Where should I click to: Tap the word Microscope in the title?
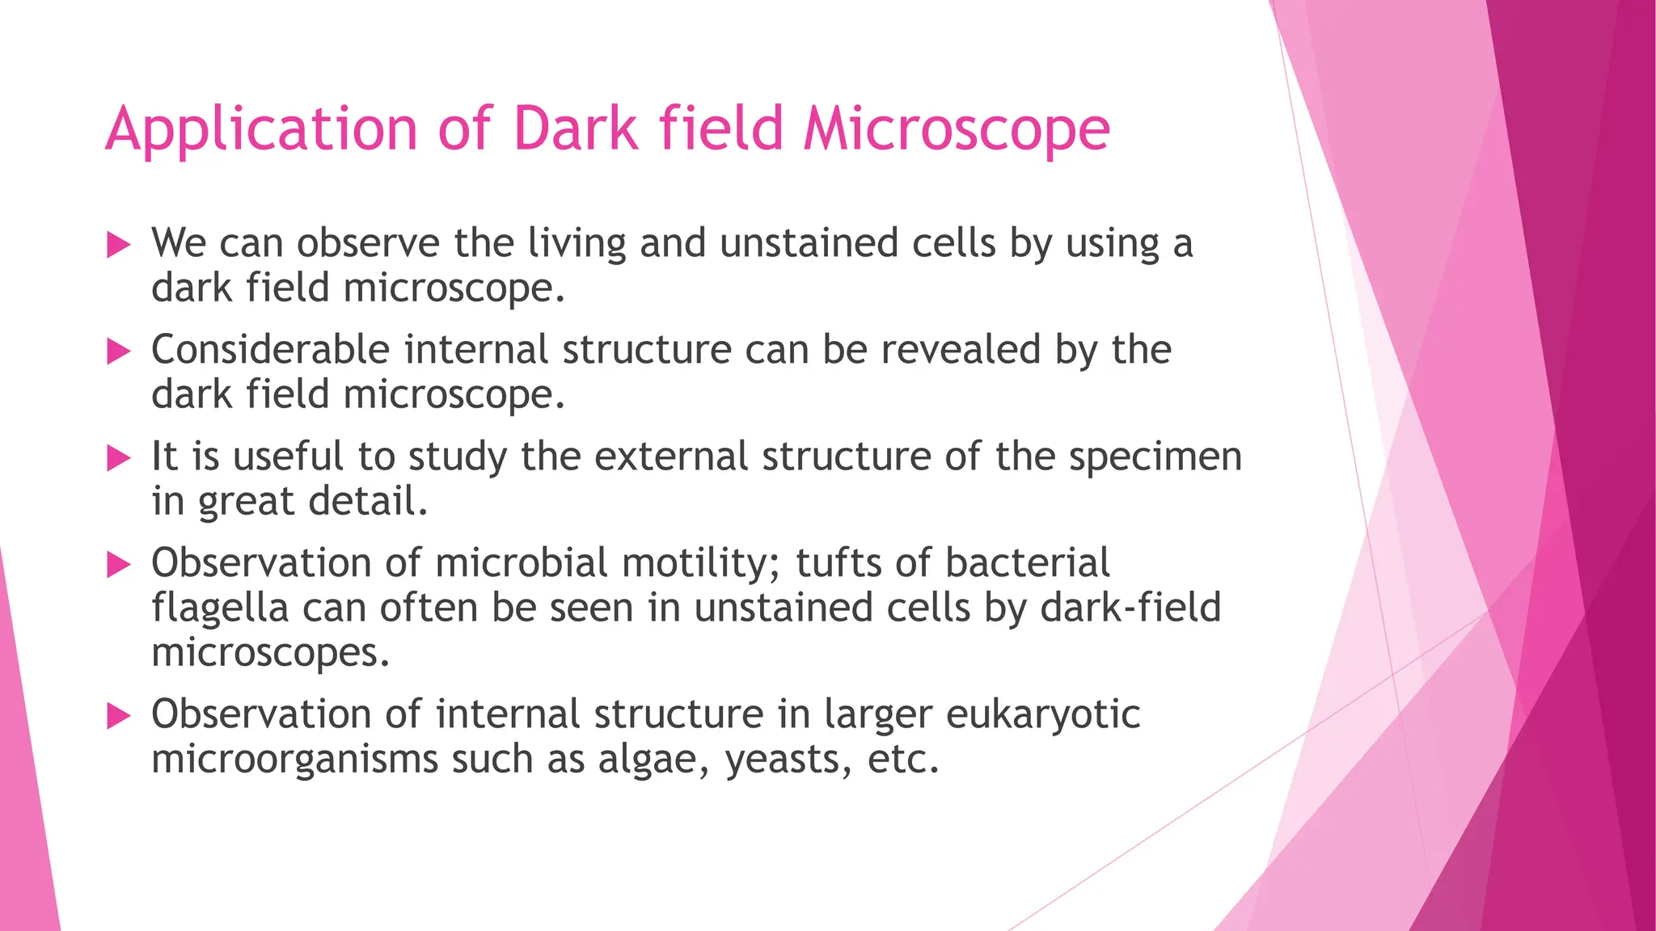pyautogui.click(x=957, y=129)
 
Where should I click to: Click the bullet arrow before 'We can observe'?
pyautogui.click(x=119, y=245)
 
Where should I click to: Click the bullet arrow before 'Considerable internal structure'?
pyautogui.click(x=119, y=352)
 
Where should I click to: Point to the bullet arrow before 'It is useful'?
pyautogui.click(x=119, y=458)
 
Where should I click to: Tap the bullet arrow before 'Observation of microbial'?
pyautogui.click(x=119, y=565)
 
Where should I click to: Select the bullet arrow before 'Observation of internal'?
pyautogui.click(x=119, y=716)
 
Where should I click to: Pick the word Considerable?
pyautogui.click(x=270, y=350)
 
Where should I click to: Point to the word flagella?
pyautogui.click(x=219, y=608)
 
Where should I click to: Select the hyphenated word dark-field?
pyautogui.click(x=1130, y=608)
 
